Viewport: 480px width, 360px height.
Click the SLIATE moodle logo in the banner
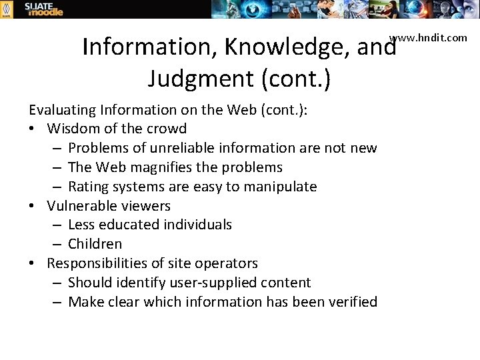click(x=43, y=9)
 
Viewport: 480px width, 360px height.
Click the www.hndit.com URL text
click(x=428, y=37)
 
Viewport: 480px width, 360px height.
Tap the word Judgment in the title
click(x=199, y=79)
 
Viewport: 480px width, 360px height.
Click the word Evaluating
click(x=61, y=109)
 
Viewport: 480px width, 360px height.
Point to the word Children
click(x=95, y=244)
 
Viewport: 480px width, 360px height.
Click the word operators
click(x=227, y=263)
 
